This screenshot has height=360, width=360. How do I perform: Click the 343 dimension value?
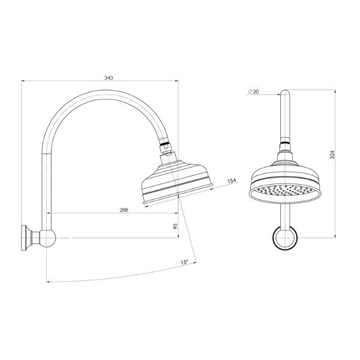coord(109,77)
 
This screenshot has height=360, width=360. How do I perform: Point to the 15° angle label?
coord(184,262)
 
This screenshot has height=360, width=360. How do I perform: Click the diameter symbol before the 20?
coord(248,91)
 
